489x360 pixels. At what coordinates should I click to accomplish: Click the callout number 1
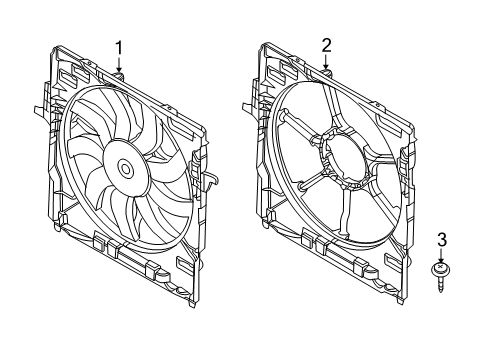pos(119,47)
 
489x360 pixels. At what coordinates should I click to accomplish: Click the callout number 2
pos(326,45)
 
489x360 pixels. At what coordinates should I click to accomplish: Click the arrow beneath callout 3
pos(441,256)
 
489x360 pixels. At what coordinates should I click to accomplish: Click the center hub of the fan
pos(127,169)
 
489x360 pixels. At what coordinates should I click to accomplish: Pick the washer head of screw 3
pos(441,269)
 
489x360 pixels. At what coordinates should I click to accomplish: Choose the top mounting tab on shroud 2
pos(327,73)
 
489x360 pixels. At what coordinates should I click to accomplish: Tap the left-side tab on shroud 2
pos(247,105)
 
